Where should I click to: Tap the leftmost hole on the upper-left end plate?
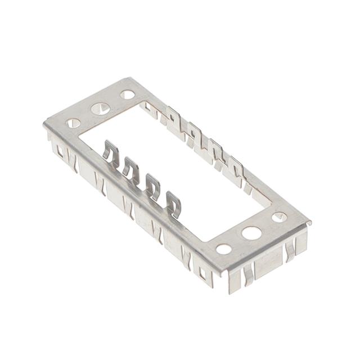point(73,122)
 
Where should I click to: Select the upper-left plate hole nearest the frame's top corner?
point(128,94)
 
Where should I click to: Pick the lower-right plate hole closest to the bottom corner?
point(223,248)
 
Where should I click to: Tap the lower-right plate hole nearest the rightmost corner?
point(279,217)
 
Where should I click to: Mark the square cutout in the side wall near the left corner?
point(58,150)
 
